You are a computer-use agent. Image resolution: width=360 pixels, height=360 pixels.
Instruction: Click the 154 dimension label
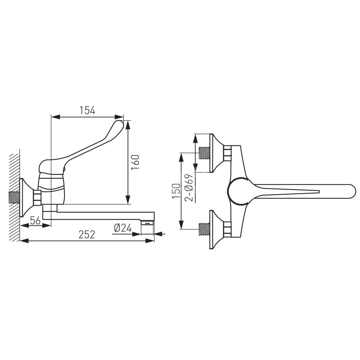tap(87, 111)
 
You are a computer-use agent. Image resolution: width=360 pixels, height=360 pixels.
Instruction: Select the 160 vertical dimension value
tap(135, 162)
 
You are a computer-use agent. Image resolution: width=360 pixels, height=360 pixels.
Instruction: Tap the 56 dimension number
tap(35, 220)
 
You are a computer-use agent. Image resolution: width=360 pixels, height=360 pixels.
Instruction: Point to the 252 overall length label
tap(86, 235)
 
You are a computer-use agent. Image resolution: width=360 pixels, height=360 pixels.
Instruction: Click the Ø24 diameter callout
tap(123, 228)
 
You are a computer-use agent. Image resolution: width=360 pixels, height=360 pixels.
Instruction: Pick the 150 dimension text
tap(176, 191)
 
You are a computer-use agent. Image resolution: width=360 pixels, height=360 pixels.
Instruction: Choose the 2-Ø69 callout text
tap(190, 188)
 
